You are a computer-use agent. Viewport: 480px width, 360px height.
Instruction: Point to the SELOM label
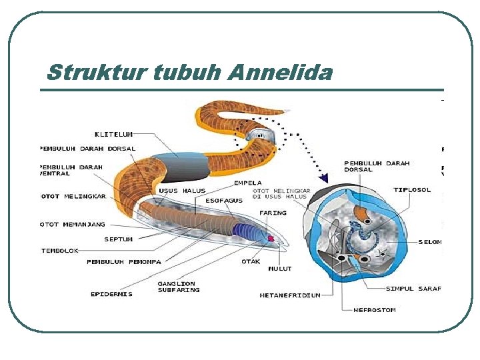(x=430, y=242)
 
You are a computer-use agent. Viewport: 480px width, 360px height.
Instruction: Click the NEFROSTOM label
(x=375, y=309)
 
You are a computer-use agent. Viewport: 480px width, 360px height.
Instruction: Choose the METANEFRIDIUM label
(x=290, y=295)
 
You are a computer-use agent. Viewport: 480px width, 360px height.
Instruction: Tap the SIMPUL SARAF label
(x=413, y=289)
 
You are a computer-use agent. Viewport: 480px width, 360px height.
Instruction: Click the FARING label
(x=273, y=213)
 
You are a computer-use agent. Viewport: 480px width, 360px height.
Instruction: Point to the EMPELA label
(x=247, y=183)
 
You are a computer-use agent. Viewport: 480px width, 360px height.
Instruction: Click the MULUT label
(x=280, y=269)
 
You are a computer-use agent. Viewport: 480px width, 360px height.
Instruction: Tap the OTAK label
(x=251, y=261)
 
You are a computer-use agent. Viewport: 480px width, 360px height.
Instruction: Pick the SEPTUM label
(x=118, y=239)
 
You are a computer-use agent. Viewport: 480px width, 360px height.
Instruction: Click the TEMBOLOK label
(x=60, y=251)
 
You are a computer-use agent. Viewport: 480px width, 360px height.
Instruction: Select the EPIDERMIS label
(x=111, y=294)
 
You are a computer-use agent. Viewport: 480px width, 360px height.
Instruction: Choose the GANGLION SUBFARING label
(x=178, y=287)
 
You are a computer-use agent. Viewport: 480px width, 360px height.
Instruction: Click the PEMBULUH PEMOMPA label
(x=123, y=261)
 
